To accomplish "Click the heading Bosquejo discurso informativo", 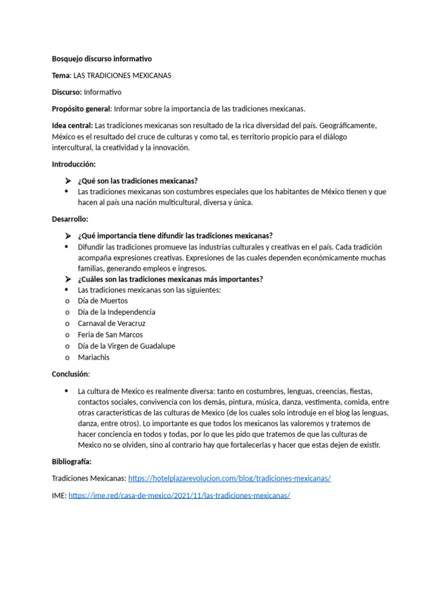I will [x=102, y=59].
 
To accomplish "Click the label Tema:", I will [x=61, y=75].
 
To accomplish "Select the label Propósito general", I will [x=82, y=109].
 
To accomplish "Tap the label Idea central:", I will [x=72, y=126].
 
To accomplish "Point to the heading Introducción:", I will [x=74, y=164].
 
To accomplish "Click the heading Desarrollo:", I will [x=70, y=220].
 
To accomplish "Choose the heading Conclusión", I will [x=71, y=374].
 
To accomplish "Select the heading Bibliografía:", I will [x=71, y=462].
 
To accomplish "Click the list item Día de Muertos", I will [x=103, y=301].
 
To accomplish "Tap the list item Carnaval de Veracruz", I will [x=112, y=323].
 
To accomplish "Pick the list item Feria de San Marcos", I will [x=110, y=335].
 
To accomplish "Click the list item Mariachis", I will [x=94, y=357].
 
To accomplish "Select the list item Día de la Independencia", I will [x=117, y=312].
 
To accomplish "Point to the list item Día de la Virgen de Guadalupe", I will [x=127, y=346].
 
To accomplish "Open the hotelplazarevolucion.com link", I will [x=230, y=479].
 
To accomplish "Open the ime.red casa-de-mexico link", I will [x=180, y=496].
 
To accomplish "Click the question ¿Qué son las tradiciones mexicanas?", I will [x=138, y=181].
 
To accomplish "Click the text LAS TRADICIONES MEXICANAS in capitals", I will [x=122, y=75].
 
